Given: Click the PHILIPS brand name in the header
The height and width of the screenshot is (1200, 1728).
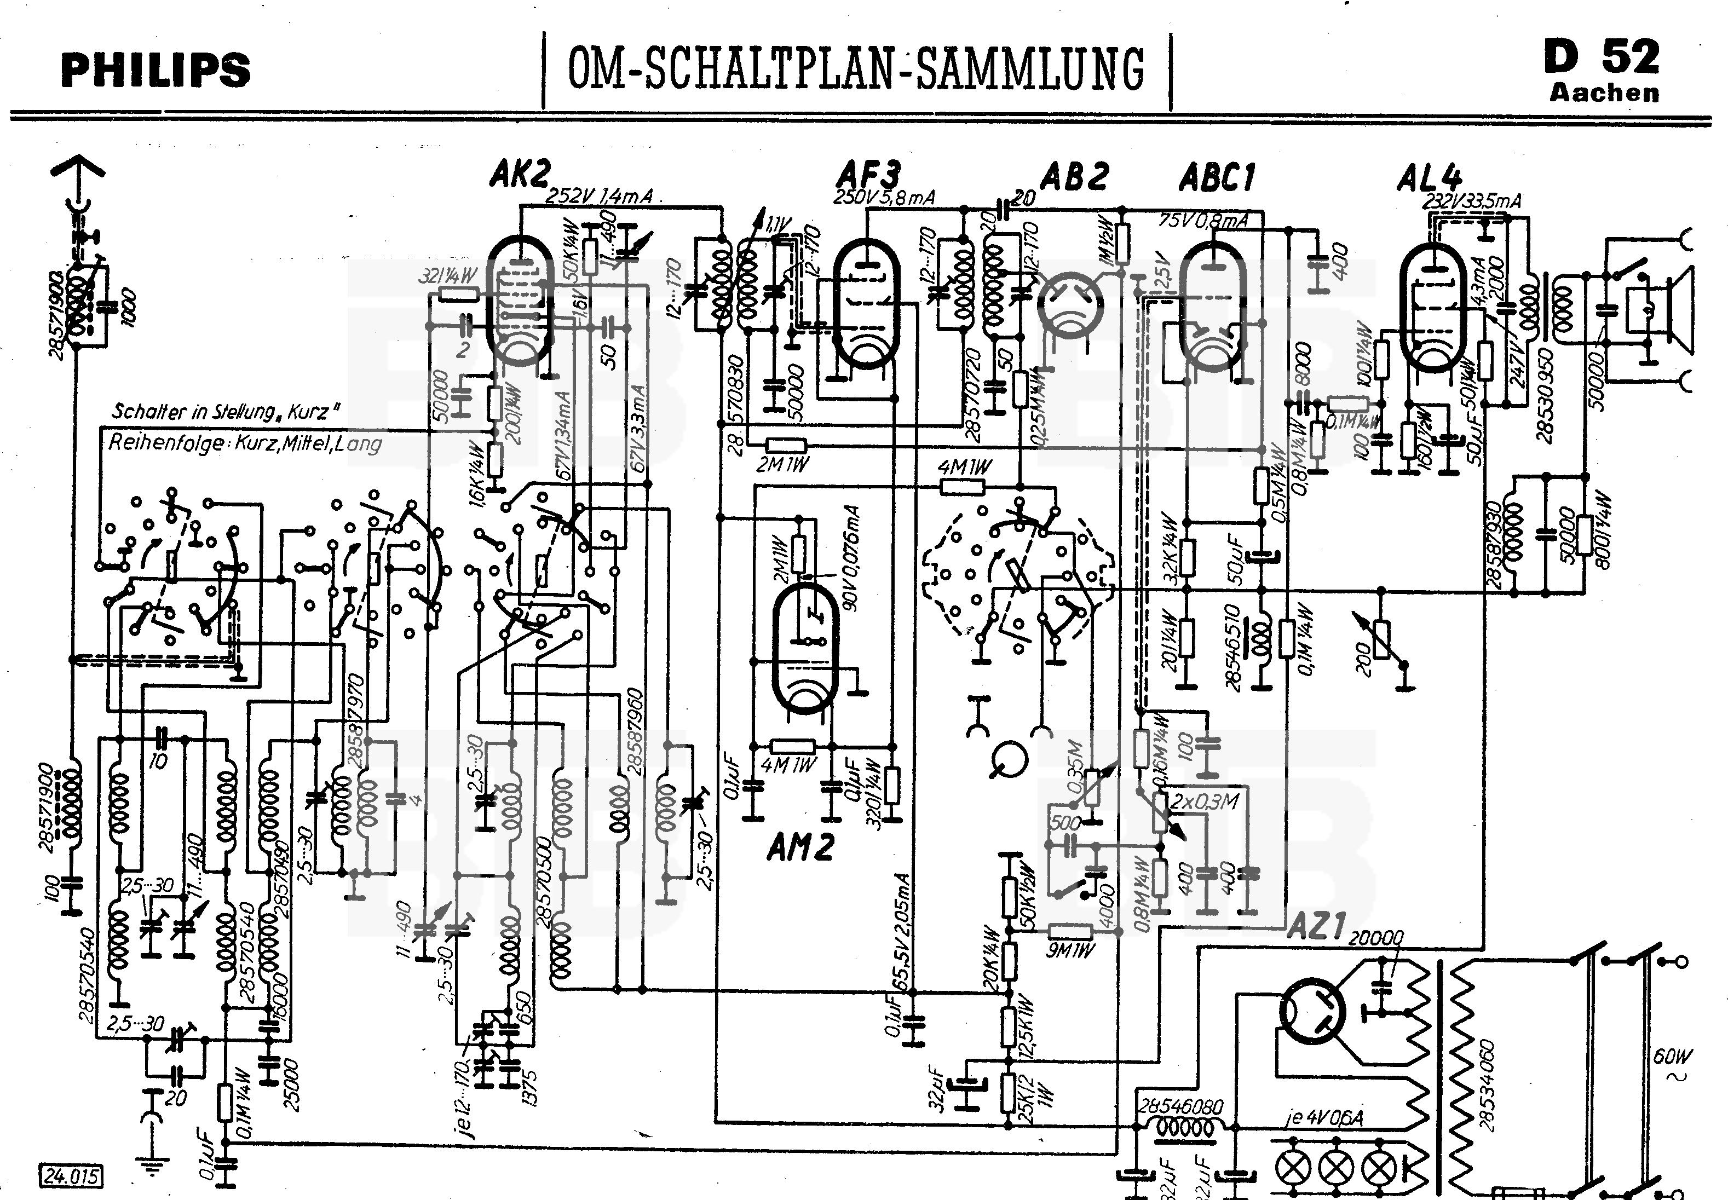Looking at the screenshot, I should (155, 70).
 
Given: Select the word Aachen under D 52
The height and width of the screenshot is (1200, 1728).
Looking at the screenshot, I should (1604, 93).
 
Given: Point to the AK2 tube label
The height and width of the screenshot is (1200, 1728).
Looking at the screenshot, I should (519, 175).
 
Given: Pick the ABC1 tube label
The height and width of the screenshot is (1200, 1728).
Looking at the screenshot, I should (1217, 177).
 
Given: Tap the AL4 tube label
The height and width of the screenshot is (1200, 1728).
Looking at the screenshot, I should (1429, 178).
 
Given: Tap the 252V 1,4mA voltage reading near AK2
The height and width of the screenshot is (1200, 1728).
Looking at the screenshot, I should (600, 196).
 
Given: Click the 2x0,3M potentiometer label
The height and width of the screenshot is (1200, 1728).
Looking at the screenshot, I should (1204, 801).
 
